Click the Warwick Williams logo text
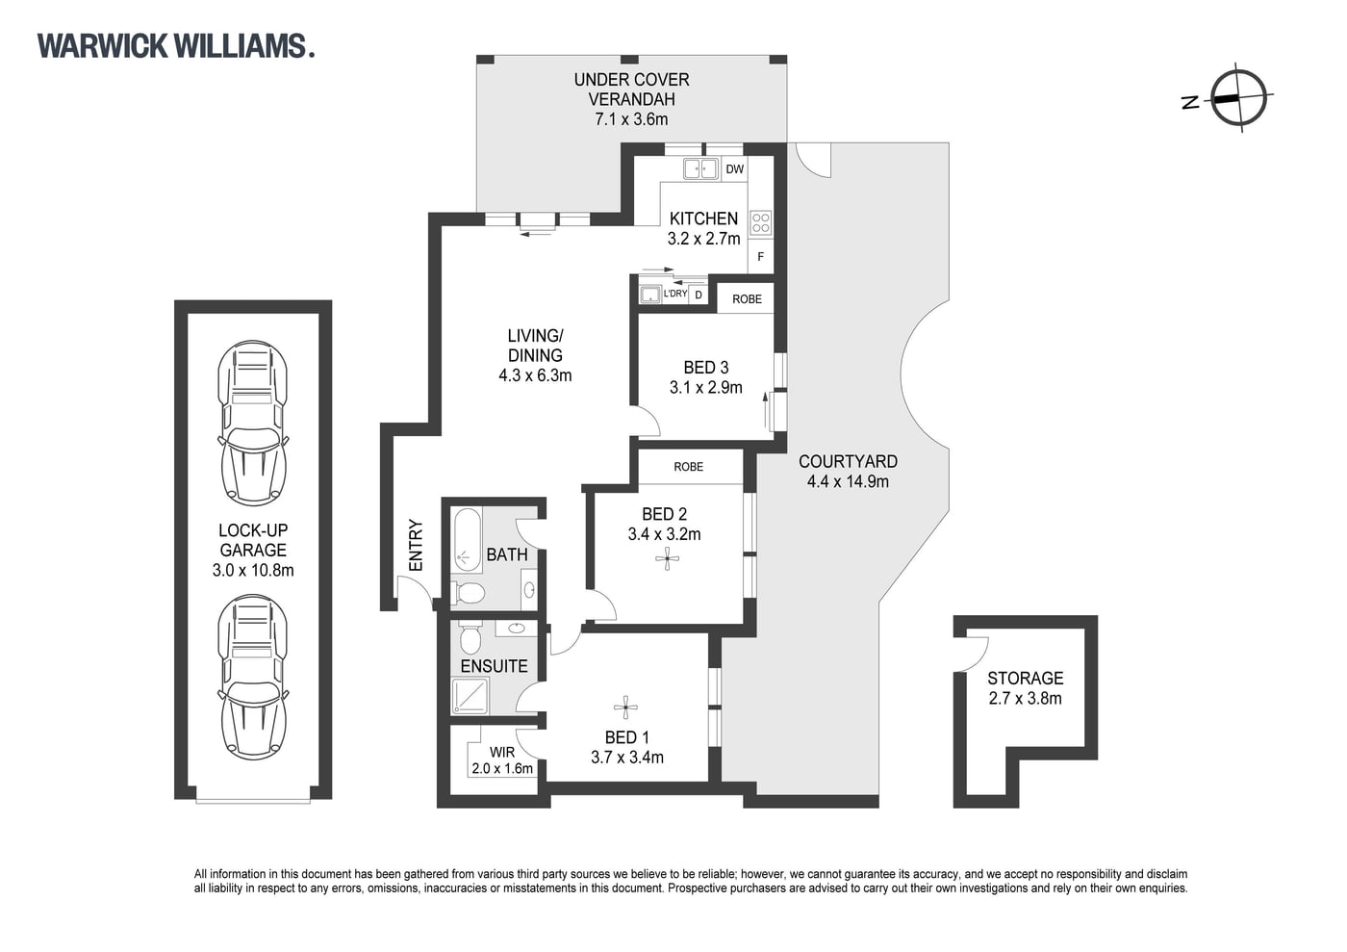175,46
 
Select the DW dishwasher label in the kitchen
734,169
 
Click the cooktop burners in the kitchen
761,222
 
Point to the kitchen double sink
701,168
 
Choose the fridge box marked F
761,257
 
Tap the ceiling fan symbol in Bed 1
625,708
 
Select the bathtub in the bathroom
468,540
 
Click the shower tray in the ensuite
470,696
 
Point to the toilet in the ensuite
470,638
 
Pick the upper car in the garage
252,423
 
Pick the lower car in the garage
252,678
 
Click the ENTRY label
416,545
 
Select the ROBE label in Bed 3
747,299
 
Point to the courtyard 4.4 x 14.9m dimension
848,481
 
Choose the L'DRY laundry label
674,294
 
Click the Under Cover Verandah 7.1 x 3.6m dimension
631,119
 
